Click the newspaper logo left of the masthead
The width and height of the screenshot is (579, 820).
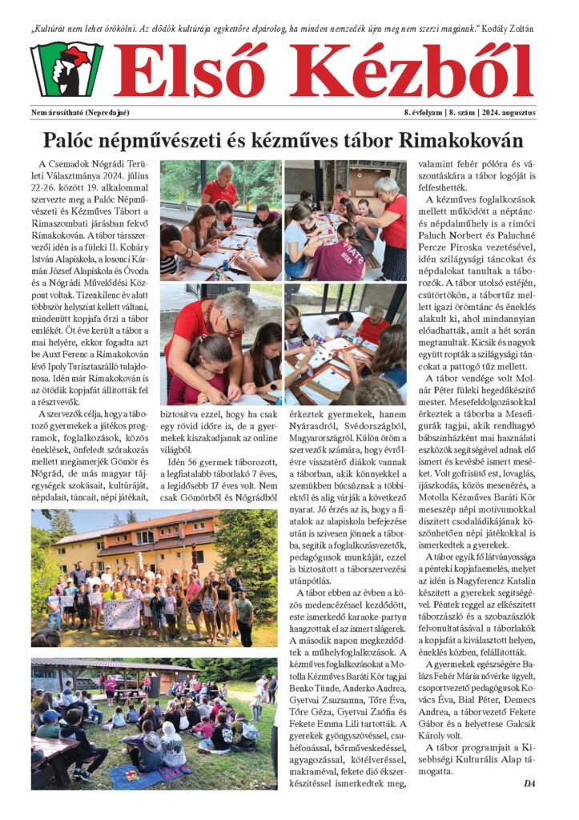tap(66, 70)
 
